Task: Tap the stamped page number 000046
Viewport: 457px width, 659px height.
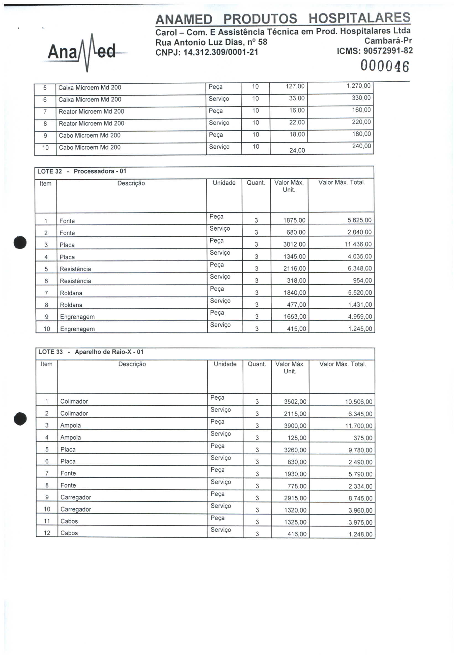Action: (x=384, y=66)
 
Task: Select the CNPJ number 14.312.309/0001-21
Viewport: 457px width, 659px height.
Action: (x=220, y=52)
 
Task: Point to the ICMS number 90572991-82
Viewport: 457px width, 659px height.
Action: (x=388, y=51)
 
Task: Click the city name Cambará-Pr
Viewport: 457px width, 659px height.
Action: (x=388, y=41)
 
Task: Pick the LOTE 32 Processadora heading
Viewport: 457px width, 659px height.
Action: (x=82, y=171)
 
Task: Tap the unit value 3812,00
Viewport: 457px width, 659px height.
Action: (x=294, y=244)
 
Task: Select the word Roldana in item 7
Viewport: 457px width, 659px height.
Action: (x=71, y=293)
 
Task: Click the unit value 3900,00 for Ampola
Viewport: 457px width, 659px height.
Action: (x=295, y=426)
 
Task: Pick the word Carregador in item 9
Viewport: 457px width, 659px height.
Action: (x=76, y=497)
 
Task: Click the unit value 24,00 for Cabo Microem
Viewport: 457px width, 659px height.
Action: (x=297, y=150)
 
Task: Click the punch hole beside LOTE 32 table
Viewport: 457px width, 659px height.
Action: (x=20, y=242)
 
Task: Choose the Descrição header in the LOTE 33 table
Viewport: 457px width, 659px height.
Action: (x=132, y=364)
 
